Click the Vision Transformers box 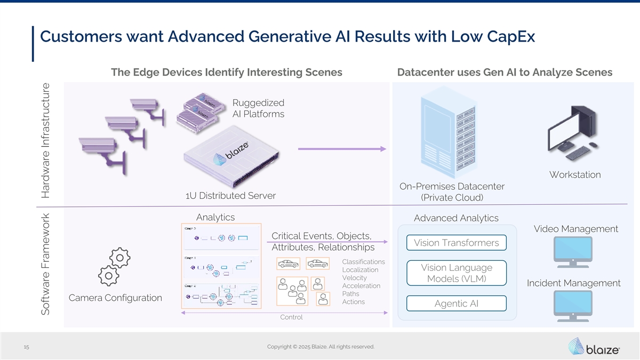click(x=456, y=243)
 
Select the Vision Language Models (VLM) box click(x=456, y=273)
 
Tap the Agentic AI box click(x=456, y=303)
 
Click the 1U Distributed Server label click(x=230, y=196)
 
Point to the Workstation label click(x=574, y=175)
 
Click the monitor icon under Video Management click(x=572, y=252)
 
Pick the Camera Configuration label click(x=115, y=298)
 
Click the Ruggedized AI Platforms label click(x=259, y=108)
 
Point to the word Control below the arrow click(x=291, y=317)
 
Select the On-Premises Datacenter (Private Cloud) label click(x=452, y=192)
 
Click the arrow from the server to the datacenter click(x=341, y=149)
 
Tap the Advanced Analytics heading click(x=456, y=218)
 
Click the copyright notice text click(x=321, y=347)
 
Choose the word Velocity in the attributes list click(x=354, y=278)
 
